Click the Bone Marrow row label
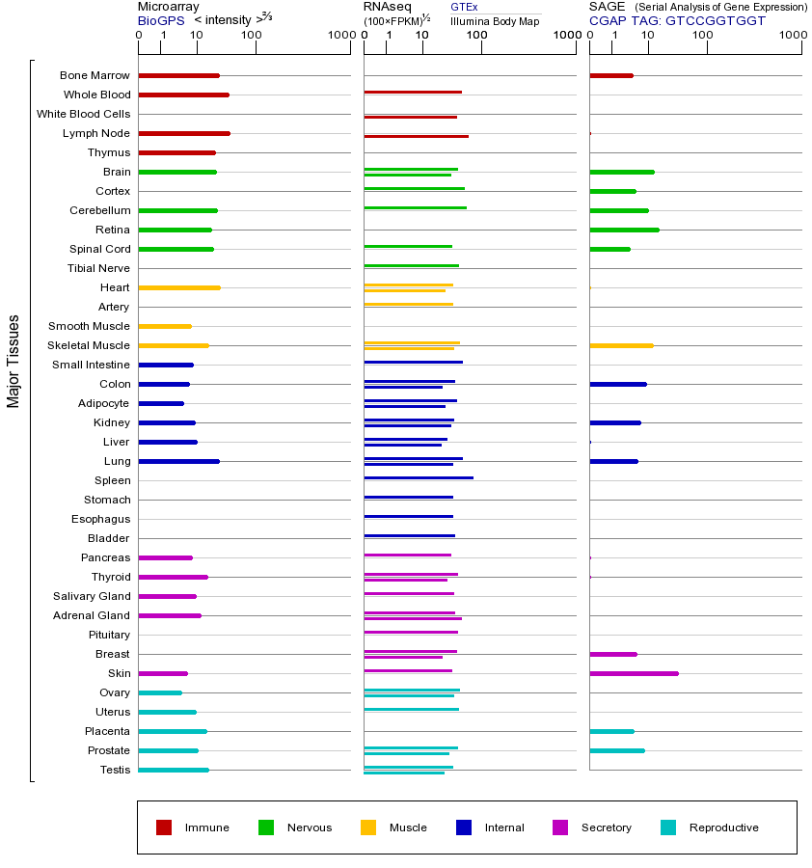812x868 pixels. coord(95,75)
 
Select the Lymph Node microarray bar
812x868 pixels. coord(184,133)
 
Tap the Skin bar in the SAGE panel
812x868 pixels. coord(634,673)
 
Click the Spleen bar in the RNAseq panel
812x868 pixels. coord(419,477)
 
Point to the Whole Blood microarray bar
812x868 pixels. coord(183,95)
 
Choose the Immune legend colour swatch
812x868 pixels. coord(164,827)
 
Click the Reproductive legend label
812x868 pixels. coord(723,827)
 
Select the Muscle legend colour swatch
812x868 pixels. coord(368,827)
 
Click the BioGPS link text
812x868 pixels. coord(160,19)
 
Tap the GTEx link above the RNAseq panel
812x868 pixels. coord(464,7)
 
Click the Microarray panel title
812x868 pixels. coord(168,7)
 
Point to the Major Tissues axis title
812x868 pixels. coord(14,361)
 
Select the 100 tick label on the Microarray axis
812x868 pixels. coord(251,36)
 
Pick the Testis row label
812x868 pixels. coord(115,770)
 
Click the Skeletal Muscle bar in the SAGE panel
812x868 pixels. coord(621,345)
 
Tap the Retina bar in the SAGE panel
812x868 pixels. coord(624,230)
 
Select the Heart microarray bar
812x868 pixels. coord(179,287)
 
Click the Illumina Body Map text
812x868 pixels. coord(495,20)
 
